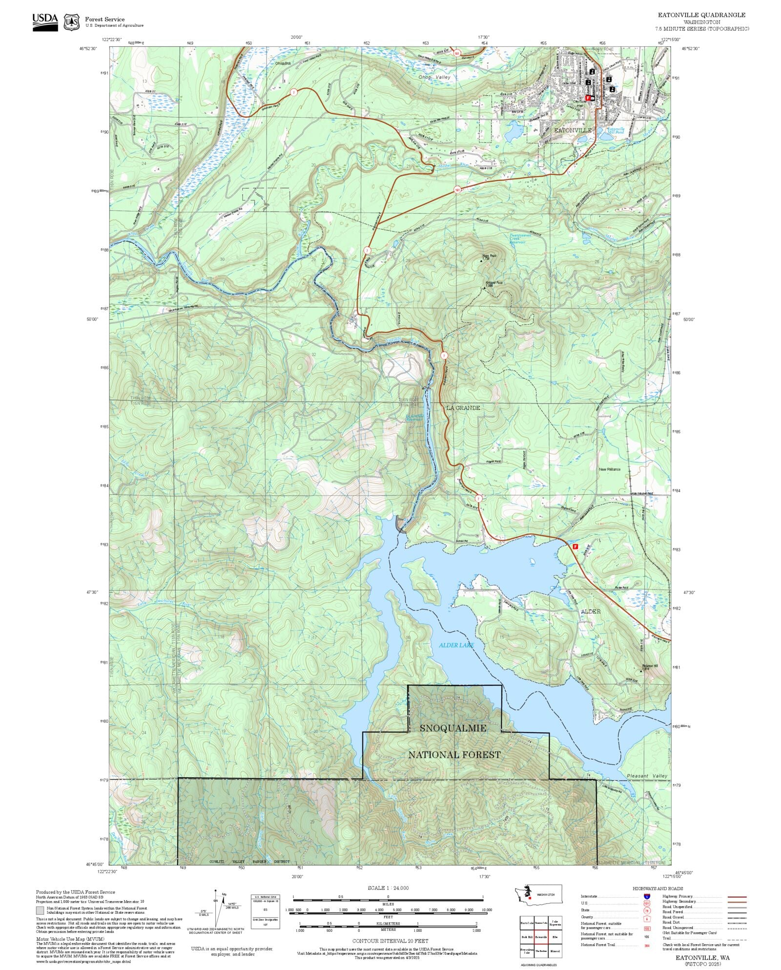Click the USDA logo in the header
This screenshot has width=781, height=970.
45,22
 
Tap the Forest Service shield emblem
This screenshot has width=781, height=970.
72,22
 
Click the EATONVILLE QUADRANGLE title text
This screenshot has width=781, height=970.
701,15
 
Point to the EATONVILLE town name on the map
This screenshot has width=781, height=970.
573,130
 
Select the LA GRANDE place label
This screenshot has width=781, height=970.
463,407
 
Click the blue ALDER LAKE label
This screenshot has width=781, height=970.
456,645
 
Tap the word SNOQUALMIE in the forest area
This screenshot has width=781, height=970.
453,728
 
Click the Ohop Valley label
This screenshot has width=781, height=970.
434,77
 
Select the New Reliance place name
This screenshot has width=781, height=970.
610,469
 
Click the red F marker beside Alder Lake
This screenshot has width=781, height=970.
575,547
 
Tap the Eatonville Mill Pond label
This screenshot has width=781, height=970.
615,131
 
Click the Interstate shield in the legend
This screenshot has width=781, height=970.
647,897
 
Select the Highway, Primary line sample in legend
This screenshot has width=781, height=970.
737,897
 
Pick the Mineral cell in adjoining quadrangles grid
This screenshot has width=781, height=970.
555,951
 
